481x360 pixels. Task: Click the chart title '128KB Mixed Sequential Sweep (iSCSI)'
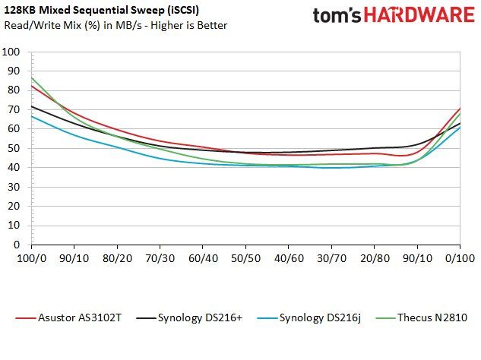[x=101, y=11]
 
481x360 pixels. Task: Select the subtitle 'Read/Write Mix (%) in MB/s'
[x=73, y=25]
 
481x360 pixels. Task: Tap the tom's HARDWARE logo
[x=394, y=15]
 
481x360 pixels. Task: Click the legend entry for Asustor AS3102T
[x=68, y=317]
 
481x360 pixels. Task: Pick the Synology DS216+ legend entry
[x=189, y=317]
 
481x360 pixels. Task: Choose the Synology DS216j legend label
[x=309, y=317]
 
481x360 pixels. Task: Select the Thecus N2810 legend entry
[x=422, y=317]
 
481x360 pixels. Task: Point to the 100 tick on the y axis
[x=11, y=52]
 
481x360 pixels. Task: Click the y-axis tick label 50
[x=14, y=148]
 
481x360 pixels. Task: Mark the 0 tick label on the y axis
[x=17, y=245]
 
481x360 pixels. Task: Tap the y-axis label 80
[x=14, y=90]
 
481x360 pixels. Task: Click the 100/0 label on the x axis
[x=32, y=258]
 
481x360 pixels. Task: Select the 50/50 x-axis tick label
[x=245, y=258]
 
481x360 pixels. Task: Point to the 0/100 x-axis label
[x=460, y=258]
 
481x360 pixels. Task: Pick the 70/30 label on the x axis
[x=160, y=258]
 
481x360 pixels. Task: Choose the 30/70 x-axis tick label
[x=331, y=258]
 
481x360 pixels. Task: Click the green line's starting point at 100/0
[x=32, y=77]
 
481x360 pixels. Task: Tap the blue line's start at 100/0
[x=32, y=116]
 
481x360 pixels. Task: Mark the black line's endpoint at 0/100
[x=460, y=123]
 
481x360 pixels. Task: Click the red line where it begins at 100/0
[x=32, y=86]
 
